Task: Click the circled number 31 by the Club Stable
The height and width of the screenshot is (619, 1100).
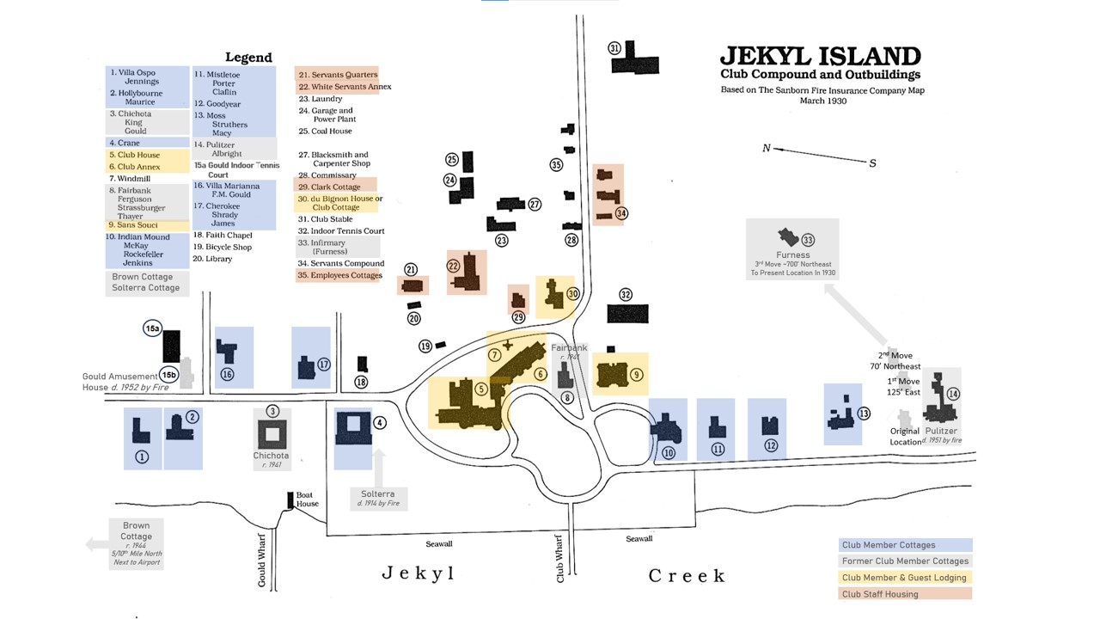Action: click(x=614, y=48)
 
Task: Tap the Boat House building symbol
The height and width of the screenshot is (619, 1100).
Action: click(x=290, y=501)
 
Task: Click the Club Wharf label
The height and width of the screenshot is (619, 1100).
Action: click(x=560, y=560)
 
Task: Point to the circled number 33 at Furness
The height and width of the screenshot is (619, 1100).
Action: click(x=807, y=241)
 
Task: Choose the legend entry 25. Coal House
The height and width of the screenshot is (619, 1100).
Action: click(x=325, y=132)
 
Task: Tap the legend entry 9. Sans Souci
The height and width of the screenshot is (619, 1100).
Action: click(x=133, y=225)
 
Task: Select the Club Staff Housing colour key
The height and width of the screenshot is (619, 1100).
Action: click(x=905, y=594)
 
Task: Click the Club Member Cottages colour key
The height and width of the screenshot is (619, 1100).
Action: click(x=905, y=545)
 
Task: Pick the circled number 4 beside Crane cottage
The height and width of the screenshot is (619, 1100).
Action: click(x=380, y=422)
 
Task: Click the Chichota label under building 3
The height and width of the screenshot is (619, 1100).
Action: click(x=271, y=456)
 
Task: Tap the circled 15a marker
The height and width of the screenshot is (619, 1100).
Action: click(x=152, y=328)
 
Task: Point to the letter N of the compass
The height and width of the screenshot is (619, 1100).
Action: click(x=767, y=148)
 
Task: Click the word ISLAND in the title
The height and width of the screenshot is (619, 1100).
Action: click(x=860, y=57)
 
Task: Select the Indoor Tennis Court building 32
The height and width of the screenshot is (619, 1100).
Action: click(x=627, y=313)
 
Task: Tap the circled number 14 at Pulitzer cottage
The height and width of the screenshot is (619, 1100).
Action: click(x=952, y=394)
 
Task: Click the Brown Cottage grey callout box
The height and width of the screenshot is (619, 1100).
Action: click(x=136, y=543)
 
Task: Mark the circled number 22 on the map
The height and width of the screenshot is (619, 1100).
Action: click(x=454, y=267)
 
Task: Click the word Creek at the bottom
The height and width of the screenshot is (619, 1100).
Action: click(x=687, y=575)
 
